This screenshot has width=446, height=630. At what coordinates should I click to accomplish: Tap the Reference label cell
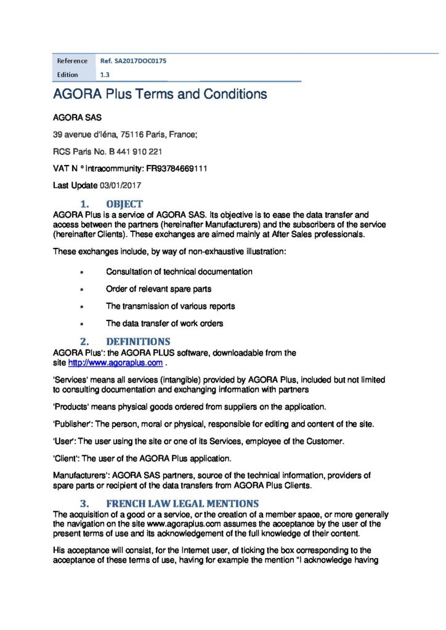72,61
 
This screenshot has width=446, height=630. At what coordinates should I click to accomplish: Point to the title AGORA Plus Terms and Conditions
160,94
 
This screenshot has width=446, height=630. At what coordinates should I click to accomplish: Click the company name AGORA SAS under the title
77,116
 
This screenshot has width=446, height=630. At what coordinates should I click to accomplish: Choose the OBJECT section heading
124,204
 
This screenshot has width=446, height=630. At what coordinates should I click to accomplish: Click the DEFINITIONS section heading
138,341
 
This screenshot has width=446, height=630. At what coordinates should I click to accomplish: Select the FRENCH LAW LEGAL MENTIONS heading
178,503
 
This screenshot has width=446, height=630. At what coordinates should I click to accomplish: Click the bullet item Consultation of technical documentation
179,271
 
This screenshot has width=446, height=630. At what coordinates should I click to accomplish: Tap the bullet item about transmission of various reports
170,306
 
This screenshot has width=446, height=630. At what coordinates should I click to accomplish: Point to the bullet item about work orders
164,323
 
